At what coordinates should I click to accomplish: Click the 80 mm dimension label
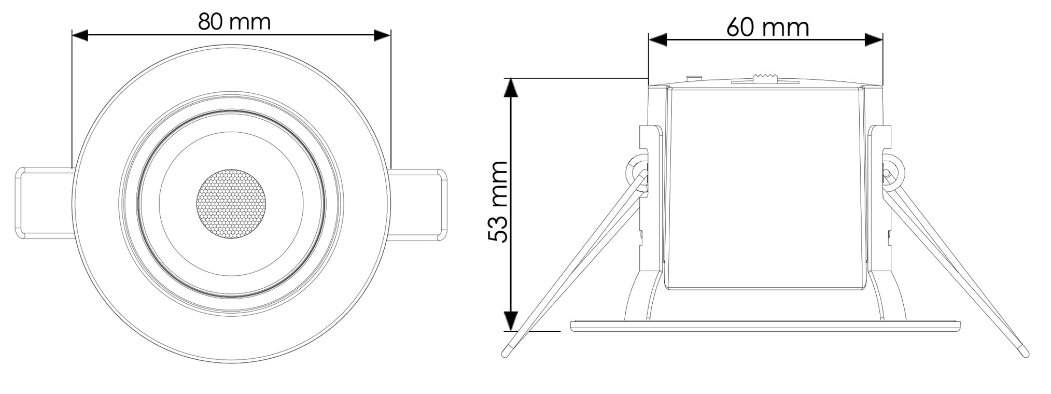pos(234,22)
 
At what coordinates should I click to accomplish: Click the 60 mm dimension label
pos(767,27)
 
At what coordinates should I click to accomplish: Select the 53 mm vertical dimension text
pos(498,201)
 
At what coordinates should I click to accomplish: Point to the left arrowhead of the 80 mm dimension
pos(80,35)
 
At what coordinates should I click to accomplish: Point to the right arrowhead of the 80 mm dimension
pos(382,35)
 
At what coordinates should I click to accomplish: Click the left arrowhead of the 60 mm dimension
pos(657,39)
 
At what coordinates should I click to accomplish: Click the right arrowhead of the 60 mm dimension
pos(874,39)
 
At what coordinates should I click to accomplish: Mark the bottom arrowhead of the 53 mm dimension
pos(511,321)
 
